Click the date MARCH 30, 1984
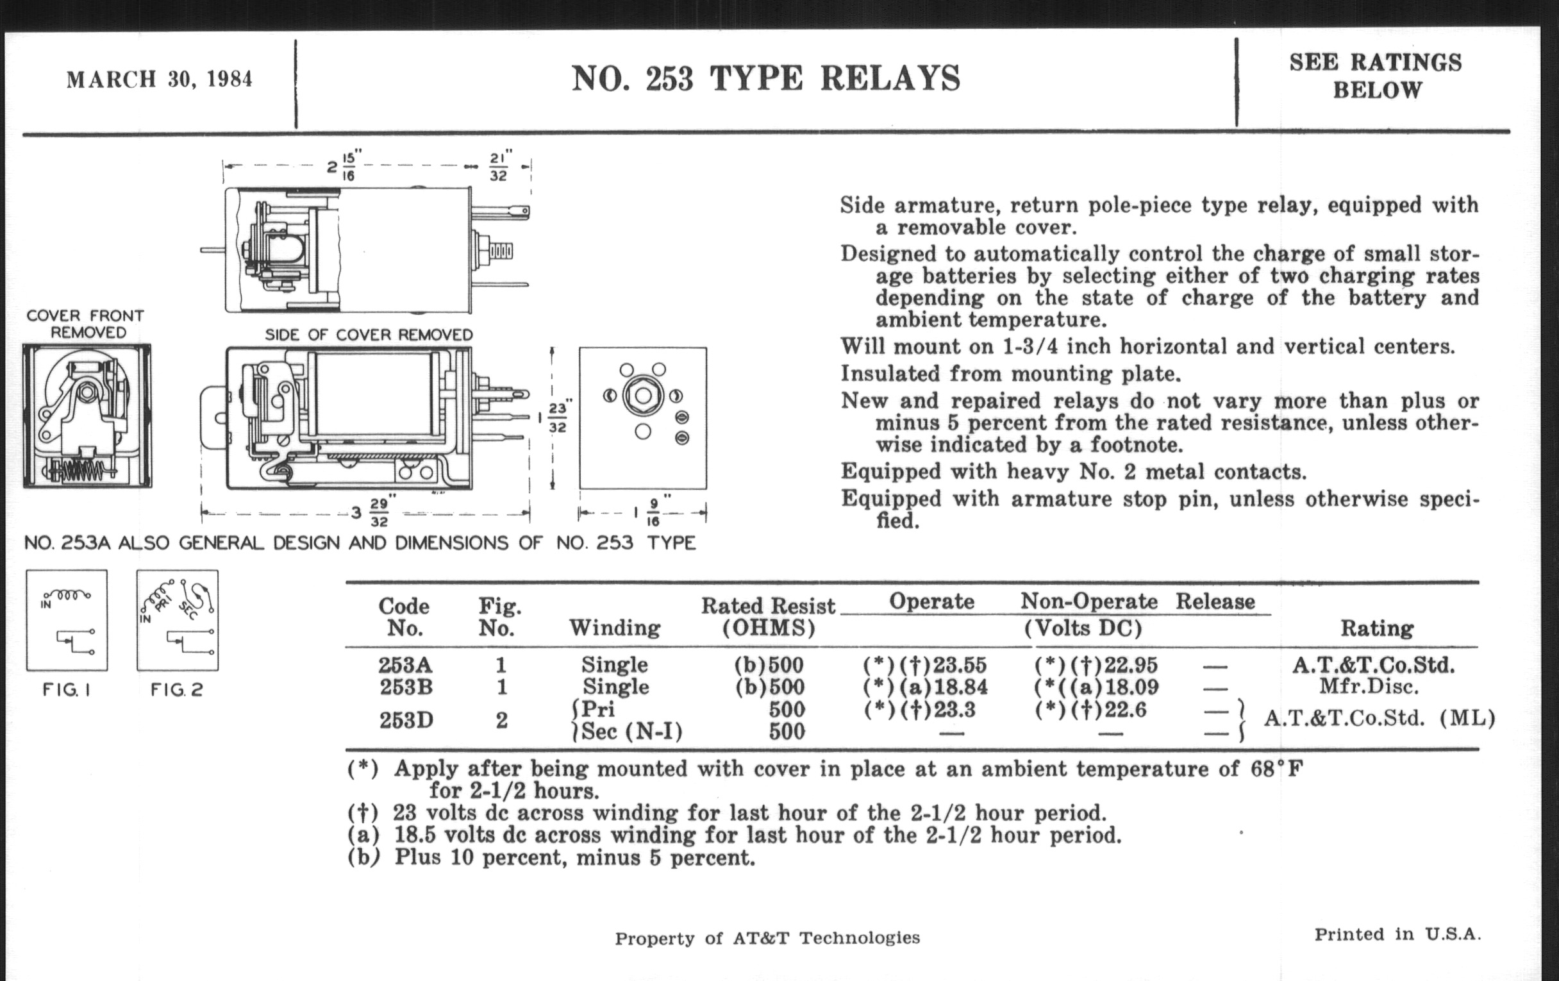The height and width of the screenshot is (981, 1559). (x=159, y=80)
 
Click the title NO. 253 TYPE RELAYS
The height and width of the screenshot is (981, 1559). (x=766, y=79)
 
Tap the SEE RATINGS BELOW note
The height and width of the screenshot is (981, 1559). (x=1376, y=76)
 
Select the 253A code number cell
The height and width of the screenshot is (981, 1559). (x=405, y=665)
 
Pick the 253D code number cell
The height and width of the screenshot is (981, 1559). (x=405, y=720)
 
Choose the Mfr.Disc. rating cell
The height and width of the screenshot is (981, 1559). (x=1368, y=686)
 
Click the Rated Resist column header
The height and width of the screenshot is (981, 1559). (x=769, y=616)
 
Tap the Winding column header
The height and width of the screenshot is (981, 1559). (x=614, y=628)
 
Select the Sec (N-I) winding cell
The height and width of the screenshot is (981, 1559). (x=631, y=732)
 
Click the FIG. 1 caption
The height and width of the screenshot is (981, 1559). (x=66, y=690)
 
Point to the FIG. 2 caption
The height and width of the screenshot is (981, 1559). (x=177, y=690)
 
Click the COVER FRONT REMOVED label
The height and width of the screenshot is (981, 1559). (x=85, y=324)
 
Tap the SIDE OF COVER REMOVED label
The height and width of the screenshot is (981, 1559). (x=369, y=335)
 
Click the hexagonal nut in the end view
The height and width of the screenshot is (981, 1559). (x=642, y=396)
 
